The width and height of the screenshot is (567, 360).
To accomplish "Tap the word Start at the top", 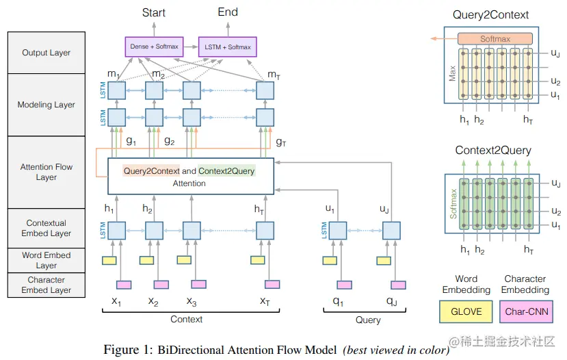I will pos(154,12).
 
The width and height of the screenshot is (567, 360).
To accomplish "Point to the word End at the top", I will pos(228,12).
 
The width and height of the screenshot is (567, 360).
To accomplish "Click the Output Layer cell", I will pos(47,53).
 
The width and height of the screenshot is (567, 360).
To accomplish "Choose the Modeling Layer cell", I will pos(47,105).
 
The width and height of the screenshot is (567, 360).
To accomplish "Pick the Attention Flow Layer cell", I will pos(47,172).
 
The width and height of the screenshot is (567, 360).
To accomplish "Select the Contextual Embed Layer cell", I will pos(47,228).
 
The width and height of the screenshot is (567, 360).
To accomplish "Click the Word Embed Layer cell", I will pos(47,260).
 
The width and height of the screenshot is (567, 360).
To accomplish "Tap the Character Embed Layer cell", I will pos(47,285).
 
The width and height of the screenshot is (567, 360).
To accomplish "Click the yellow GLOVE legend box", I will pos(466,311).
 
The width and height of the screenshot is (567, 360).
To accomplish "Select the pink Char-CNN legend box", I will pos(525,311).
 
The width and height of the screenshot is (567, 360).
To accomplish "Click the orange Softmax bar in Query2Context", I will pos(495,39).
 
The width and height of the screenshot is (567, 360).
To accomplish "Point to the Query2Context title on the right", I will pos(490,15).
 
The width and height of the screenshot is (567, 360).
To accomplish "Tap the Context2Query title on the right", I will pos(492,151).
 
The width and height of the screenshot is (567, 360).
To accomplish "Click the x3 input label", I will pos(192,301).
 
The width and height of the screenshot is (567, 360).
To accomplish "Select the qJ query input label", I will pos(391,301).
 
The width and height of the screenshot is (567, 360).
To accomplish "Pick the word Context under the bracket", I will pos(186,320).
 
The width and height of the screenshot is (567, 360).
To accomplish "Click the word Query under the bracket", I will pos(368,320).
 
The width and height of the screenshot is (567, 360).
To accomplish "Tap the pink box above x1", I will pos(124,284).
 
